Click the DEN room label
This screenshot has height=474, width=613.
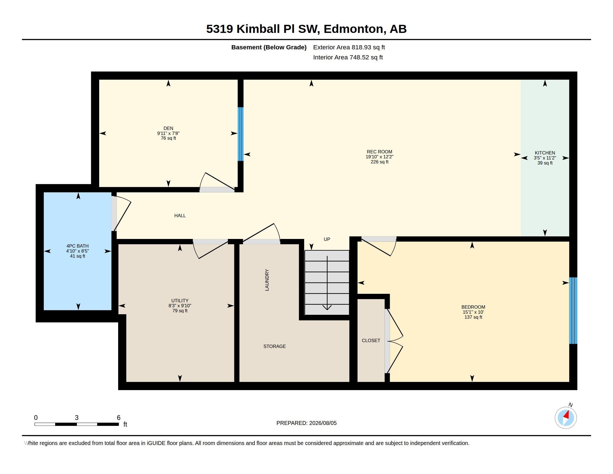[168, 128]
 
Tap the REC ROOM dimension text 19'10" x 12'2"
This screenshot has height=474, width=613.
[380, 157]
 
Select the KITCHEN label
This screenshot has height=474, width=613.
[545, 153]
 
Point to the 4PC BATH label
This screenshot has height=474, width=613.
[77, 246]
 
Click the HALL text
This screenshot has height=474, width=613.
[180, 216]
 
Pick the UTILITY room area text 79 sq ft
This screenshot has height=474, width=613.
[180, 311]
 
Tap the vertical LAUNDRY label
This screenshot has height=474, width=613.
[267, 280]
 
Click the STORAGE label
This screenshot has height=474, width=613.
[274, 347]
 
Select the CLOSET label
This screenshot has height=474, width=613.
[371, 341]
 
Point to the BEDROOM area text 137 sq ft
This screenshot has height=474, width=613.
[473, 317]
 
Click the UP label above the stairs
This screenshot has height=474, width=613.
[327, 239]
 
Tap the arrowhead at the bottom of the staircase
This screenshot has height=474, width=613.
[327, 308]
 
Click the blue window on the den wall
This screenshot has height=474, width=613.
[240, 134]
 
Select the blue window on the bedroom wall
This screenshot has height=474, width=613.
[573, 311]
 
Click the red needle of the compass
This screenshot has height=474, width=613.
[566, 415]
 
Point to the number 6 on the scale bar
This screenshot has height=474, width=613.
[119, 418]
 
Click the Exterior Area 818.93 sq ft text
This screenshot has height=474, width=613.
[349, 47]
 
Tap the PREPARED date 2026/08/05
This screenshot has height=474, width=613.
[323, 423]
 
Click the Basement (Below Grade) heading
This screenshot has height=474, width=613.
[269, 47]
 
